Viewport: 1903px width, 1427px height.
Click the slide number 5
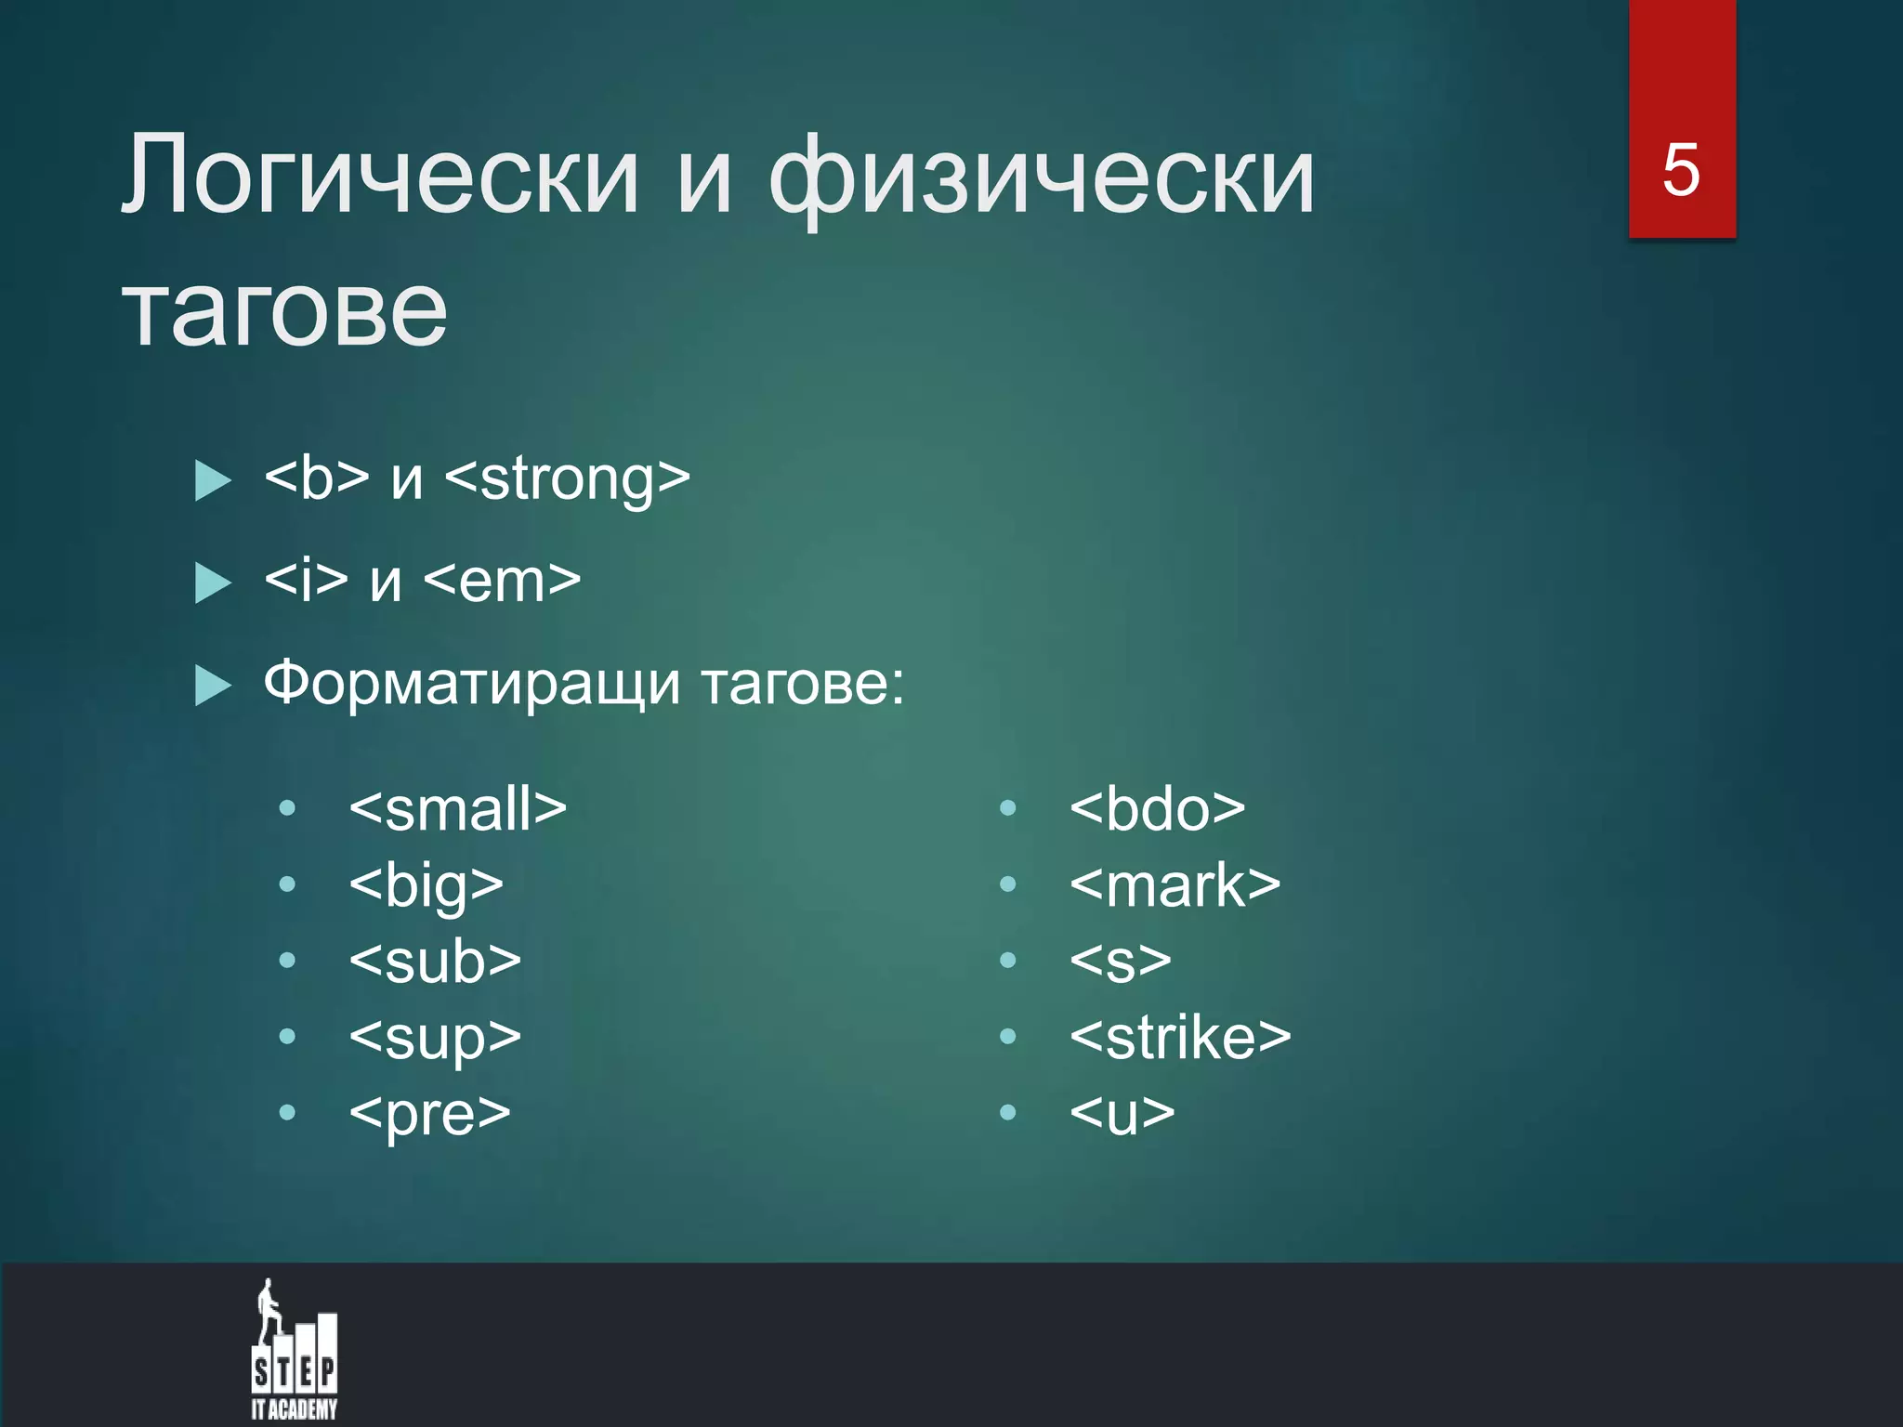click(1681, 171)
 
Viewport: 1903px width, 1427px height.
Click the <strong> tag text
click(567, 479)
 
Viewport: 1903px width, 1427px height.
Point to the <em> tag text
click(502, 582)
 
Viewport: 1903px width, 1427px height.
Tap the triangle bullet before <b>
click(213, 481)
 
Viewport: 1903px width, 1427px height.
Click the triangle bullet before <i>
click(213, 583)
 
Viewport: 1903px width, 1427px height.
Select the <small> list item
click(457, 809)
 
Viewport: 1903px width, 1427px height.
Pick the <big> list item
click(426, 885)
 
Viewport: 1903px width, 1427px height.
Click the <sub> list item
click(434, 962)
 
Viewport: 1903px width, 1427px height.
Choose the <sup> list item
click(434, 1038)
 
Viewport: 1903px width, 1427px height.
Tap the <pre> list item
click(429, 1114)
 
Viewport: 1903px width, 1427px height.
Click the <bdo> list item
click(1157, 809)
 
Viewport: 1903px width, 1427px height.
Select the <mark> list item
click(1175, 885)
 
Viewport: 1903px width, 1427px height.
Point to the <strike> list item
click(1180, 1038)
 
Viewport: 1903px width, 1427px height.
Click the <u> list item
click(1122, 1114)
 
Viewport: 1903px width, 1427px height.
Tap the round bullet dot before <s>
click(1007, 961)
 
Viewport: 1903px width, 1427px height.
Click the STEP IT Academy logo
click(294, 1351)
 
